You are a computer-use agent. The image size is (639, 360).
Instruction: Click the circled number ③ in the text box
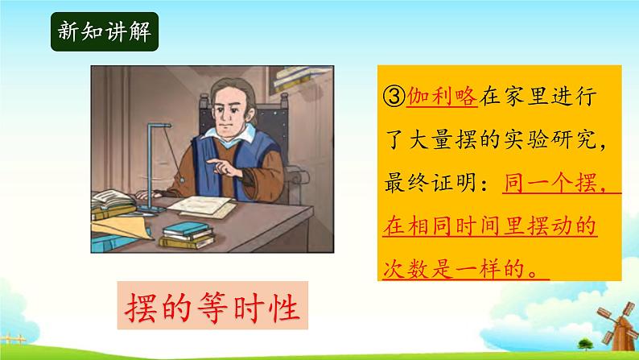pyautogui.click(x=394, y=97)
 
